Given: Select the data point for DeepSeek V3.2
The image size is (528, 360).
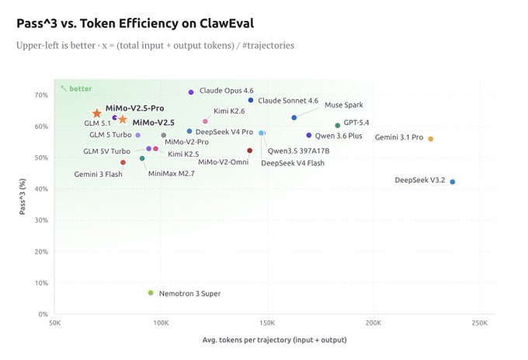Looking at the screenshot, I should pos(453,182).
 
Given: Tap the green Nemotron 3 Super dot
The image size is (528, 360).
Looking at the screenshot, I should pos(151,292).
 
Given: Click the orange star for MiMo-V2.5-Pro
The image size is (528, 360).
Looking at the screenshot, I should pos(97,113).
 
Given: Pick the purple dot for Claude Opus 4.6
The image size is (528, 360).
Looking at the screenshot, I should pos(191,92).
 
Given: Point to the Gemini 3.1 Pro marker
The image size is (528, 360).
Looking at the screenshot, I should pos(431,139).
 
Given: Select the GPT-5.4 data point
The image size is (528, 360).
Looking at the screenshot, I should pos(337,125).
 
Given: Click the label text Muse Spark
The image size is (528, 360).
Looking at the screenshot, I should pos(343,105).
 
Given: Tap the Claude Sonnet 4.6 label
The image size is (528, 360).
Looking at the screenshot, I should pos(288,100).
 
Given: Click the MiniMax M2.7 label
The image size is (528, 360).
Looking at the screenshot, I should pos(171,173).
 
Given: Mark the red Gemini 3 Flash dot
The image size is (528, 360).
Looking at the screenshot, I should pos(123,162).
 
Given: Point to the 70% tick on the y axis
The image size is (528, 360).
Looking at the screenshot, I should pos(40,95).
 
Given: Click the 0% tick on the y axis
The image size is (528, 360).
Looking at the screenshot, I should pos(43,314).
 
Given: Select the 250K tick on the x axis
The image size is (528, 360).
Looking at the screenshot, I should pos(479,323).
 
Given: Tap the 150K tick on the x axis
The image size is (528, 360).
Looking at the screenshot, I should pos(266,323).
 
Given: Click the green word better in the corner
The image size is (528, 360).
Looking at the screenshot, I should pos(80,88).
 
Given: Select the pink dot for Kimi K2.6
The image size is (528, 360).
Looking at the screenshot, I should pos(205,121).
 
